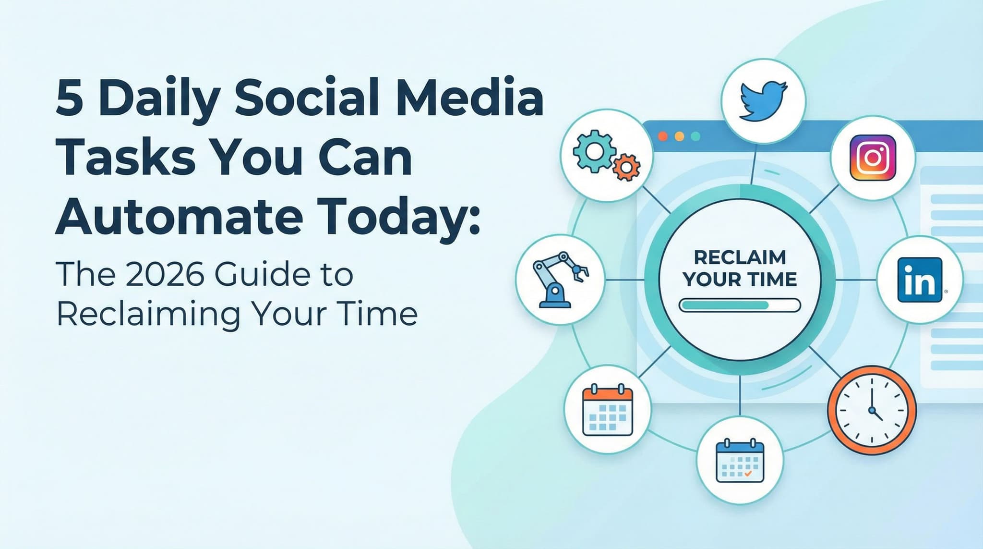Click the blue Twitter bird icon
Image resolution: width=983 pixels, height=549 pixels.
click(x=763, y=101)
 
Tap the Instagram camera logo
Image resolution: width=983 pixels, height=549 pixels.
click(x=873, y=158)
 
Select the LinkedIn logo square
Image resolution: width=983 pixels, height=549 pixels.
click(x=920, y=280)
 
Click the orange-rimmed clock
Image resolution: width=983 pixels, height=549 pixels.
click(x=872, y=411)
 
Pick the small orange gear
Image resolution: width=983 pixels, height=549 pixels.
click(x=626, y=167)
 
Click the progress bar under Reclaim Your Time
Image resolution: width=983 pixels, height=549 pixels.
click(x=740, y=305)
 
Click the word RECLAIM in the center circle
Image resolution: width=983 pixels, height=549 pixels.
click(x=740, y=257)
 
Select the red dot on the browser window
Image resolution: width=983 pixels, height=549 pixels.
click(x=663, y=136)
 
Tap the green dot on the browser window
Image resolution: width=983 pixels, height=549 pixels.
click(x=695, y=136)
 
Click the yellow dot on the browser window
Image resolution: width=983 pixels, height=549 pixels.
click(x=679, y=136)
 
